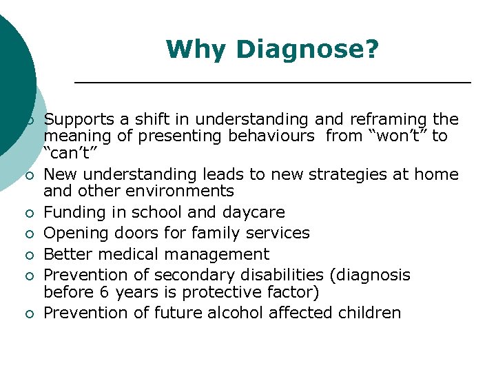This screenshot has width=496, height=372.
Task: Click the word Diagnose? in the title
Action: pos(307,50)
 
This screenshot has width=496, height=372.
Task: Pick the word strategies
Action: pos(338,174)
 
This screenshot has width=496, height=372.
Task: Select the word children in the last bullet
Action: pos(369,313)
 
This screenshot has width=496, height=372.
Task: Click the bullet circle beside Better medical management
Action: pos(29,256)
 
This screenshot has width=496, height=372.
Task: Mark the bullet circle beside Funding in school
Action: pos(29,214)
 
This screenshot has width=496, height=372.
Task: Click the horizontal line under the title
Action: pos(272,83)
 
